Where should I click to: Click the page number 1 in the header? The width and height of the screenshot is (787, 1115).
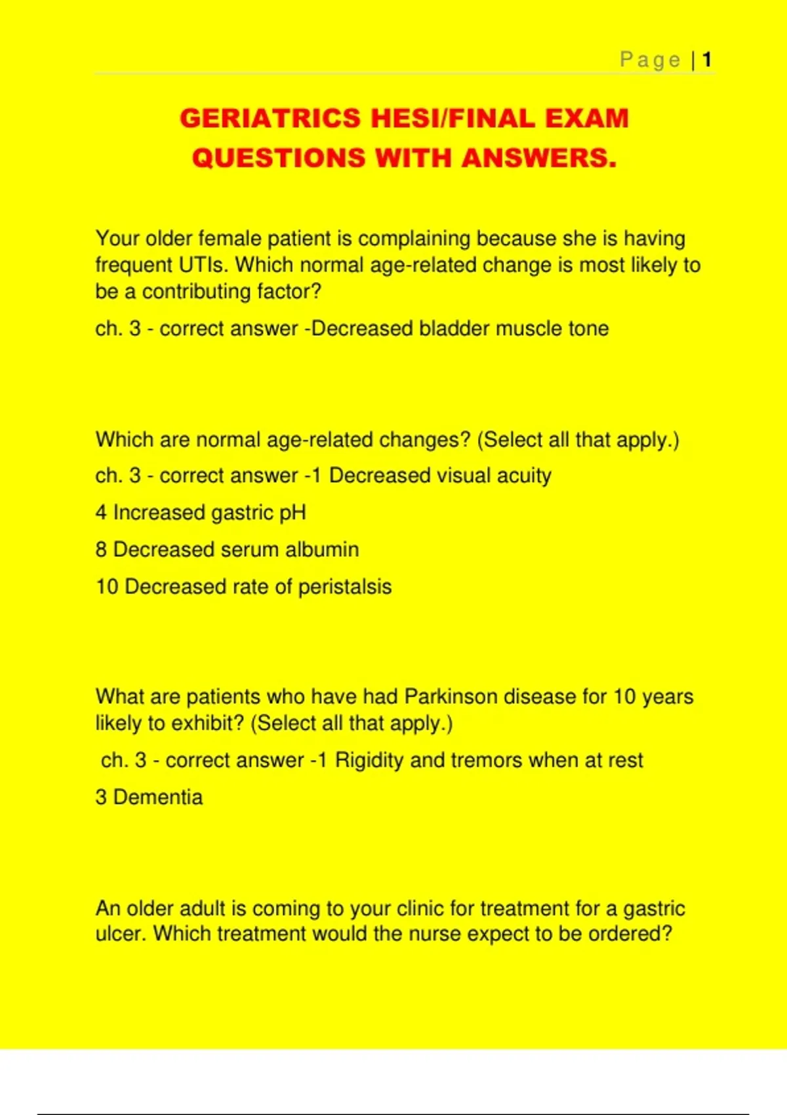[x=707, y=60]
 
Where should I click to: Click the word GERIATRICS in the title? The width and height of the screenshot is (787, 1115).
[x=270, y=119]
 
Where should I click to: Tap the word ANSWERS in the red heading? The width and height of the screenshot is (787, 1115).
[x=538, y=158]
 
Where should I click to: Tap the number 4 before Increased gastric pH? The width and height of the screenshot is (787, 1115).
[x=101, y=512]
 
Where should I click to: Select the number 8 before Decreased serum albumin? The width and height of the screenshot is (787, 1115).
[x=101, y=550]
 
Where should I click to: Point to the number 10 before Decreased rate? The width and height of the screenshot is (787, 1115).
[x=107, y=586]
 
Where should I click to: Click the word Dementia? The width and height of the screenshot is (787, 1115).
[x=158, y=797]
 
